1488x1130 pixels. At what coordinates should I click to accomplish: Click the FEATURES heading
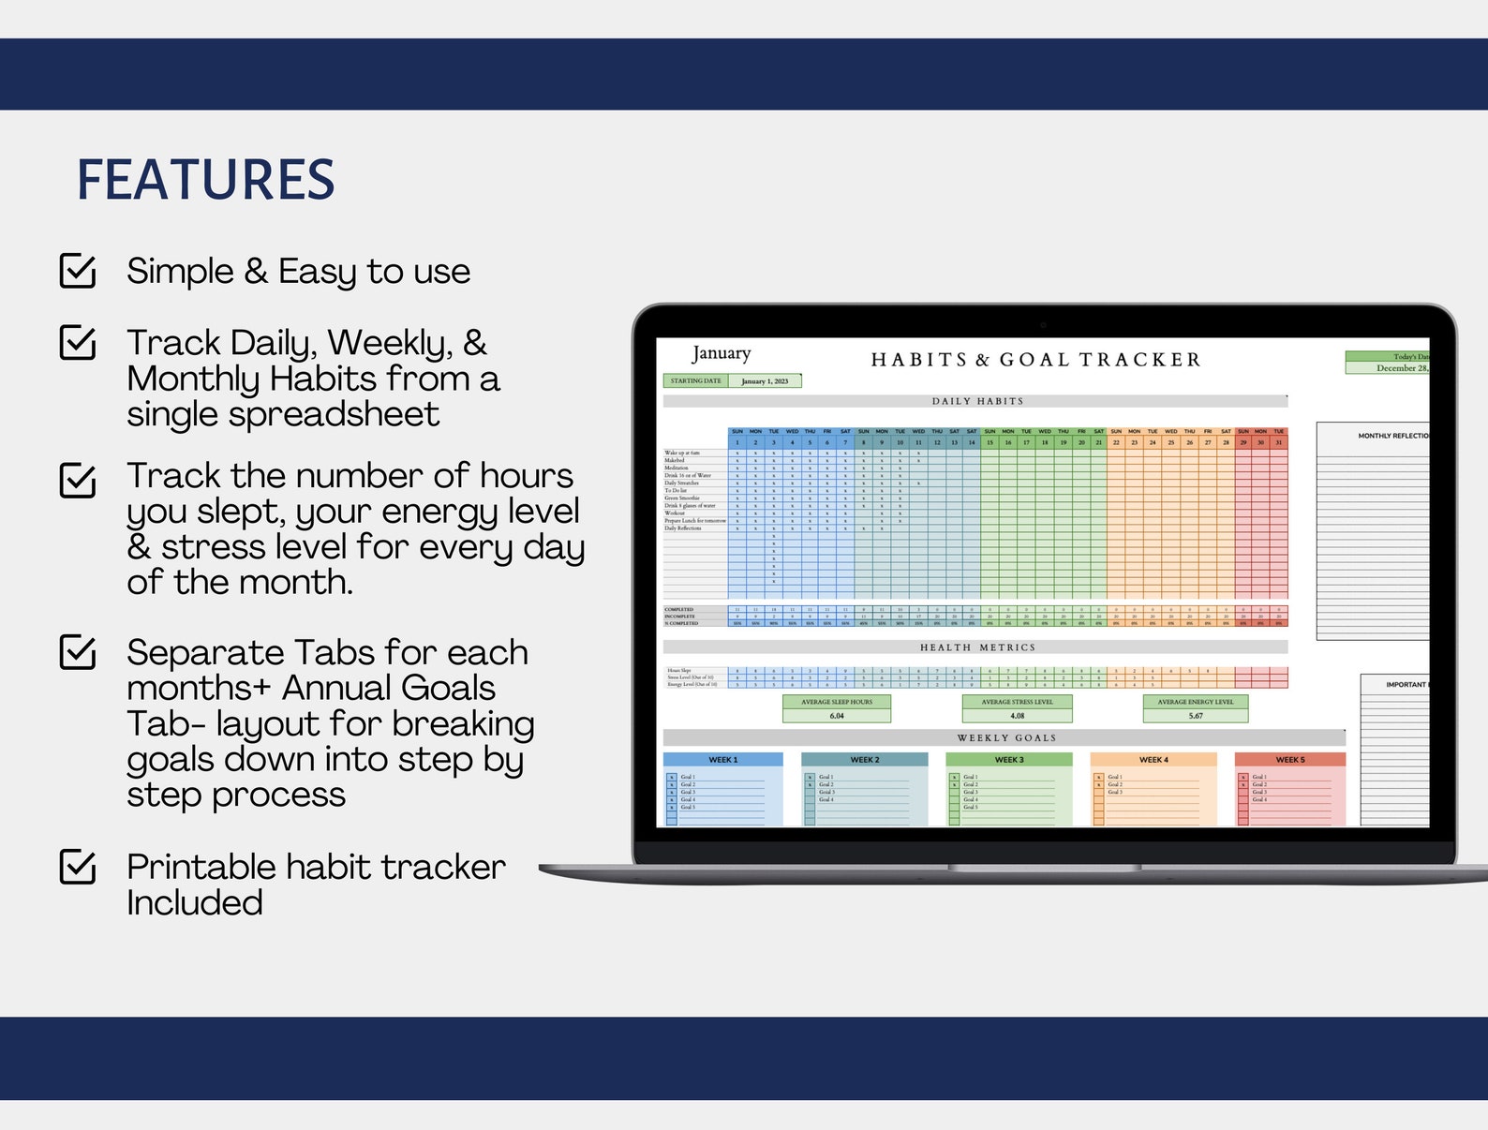[205, 180]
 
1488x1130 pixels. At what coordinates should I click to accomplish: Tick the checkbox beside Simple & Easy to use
[78, 271]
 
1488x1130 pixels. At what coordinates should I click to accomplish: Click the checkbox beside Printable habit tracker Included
[78, 867]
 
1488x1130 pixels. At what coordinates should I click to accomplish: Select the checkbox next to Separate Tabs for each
[78, 652]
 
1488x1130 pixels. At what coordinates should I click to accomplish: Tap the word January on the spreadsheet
[722, 353]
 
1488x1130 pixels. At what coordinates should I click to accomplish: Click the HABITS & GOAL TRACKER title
[1035, 360]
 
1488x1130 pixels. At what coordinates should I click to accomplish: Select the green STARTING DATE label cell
[695, 381]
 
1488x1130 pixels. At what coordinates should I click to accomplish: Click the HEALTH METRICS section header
[976, 647]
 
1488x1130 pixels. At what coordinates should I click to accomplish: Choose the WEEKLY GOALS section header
[1005, 738]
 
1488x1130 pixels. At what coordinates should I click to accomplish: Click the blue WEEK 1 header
[722, 760]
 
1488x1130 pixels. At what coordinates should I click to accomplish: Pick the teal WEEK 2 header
[864, 760]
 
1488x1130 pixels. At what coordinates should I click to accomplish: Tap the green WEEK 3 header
[1008, 760]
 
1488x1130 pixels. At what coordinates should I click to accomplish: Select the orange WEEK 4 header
[1153, 760]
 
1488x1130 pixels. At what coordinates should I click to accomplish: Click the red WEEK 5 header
[1289, 760]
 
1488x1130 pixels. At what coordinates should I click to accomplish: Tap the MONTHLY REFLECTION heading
[1392, 436]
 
